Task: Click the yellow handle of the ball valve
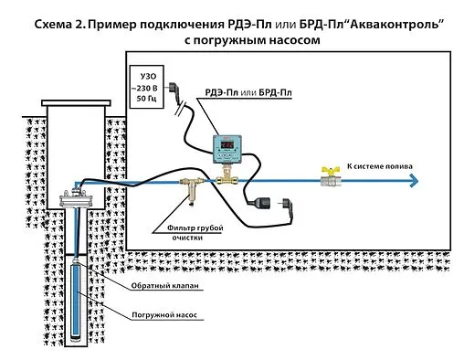pos(327,169)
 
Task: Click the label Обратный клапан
pos(165,286)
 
